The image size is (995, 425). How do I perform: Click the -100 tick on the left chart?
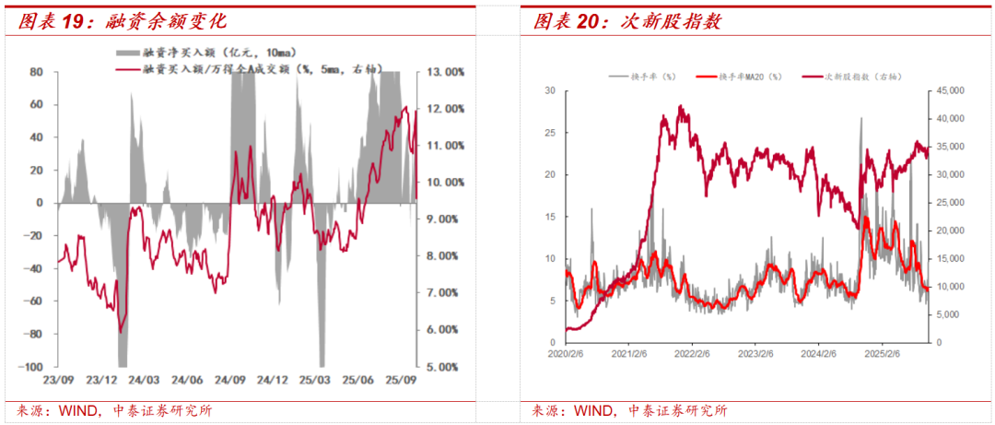click(34, 366)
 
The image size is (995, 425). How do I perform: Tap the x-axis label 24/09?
click(230, 379)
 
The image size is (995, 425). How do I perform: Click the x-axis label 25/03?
click(315, 379)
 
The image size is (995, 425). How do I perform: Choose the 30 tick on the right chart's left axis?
click(550, 90)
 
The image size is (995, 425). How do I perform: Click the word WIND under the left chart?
click(76, 410)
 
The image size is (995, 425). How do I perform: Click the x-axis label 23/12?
click(102, 379)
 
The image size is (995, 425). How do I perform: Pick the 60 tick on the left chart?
click(38, 104)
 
